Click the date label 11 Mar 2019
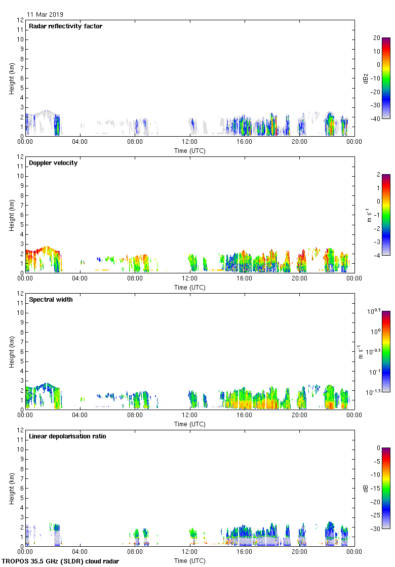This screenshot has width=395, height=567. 45,15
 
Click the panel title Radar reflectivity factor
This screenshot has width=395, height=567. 65,26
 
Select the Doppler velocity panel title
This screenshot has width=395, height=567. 53,163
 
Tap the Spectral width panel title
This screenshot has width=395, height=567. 51,300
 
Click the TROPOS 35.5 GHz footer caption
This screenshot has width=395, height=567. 61,561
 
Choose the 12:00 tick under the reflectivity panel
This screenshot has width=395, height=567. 190,142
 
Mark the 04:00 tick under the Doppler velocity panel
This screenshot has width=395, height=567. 80,278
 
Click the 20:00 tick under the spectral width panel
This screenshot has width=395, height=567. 299,415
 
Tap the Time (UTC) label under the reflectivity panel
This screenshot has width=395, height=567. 190,150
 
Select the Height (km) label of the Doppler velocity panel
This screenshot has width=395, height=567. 12,215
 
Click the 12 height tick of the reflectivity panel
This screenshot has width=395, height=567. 20,20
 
